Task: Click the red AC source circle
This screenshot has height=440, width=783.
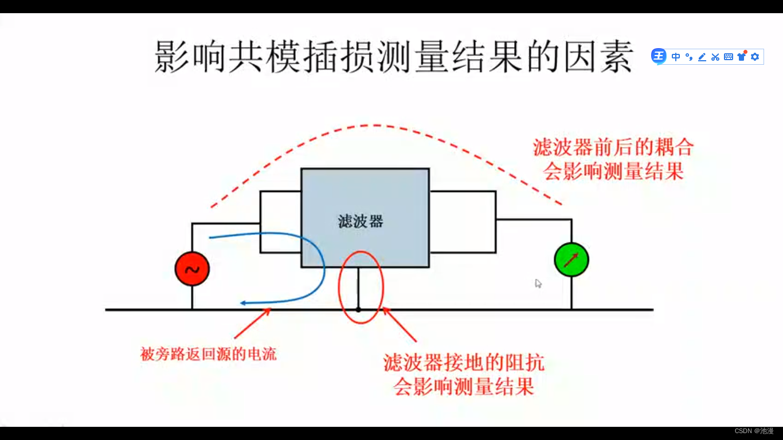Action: (x=192, y=269)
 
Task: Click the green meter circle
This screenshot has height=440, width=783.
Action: (x=571, y=260)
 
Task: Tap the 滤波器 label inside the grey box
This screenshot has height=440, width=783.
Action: (x=361, y=222)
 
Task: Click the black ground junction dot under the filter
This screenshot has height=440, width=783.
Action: (x=358, y=310)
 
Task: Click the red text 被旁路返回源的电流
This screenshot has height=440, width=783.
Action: (x=209, y=354)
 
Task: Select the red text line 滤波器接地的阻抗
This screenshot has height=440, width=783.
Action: (x=464, y=363)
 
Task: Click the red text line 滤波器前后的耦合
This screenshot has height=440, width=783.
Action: (x=613, y=148)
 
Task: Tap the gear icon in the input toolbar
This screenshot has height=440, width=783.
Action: (x=755, y=57)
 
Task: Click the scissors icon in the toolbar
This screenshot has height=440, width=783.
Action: (x=715, y=57)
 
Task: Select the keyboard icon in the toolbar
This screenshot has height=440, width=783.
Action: (x=729, y=57)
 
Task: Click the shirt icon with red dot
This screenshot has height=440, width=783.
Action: (x=742, y=56)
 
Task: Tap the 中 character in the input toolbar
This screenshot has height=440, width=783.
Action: (x=676, y=57)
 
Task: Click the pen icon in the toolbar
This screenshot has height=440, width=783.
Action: (x=702, y=57)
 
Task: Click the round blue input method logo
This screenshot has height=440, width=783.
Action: (x=659, y=56)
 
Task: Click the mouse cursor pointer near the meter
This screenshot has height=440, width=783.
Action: (x=538, y=283)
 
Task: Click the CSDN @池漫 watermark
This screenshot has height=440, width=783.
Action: (x=754, y=431)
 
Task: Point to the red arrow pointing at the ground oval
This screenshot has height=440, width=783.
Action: (x=400, y=325)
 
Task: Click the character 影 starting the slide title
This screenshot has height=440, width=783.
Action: (x=173, y=56)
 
